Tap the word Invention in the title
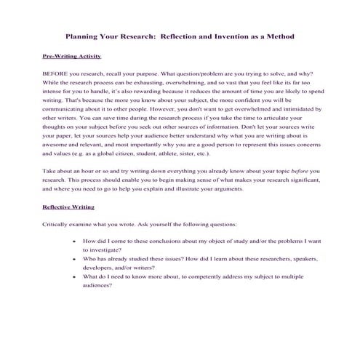tap(229, 35)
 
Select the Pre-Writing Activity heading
tap(72, 55)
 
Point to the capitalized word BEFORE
tap(57, 73)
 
